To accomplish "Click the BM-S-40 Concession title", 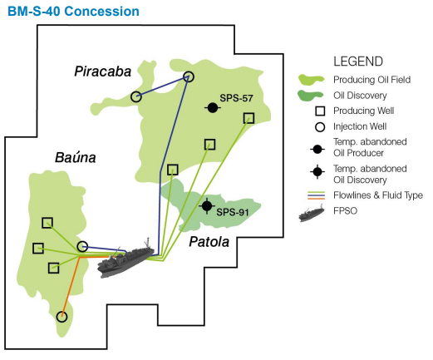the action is tap(73, 12).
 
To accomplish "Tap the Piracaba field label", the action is tap(102, 72).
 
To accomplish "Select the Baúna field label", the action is tap(76, 157).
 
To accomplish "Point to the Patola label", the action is tap(209, 242).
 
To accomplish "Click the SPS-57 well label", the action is tap(236, 98).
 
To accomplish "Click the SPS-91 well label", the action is tap(233, 212).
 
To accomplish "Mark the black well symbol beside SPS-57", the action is tap(213, 108).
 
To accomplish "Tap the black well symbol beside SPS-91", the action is tap(207, 206).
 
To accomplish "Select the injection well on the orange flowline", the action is tap(62, 317).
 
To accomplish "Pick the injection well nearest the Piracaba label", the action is tap(136, 96).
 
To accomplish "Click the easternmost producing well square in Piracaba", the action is tap(248, 118).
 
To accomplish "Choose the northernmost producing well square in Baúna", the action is tap(47, 223).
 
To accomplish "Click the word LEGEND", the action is tap(358, 62).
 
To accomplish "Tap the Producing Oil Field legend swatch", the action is tap(311, 80).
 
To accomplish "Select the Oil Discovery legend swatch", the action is tap(310, 96).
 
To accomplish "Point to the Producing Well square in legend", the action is tap(320, 111).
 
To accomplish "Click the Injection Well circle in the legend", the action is tap(320, 127).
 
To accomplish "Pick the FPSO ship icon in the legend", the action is tap(312, 214).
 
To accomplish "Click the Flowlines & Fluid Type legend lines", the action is tap(316, 195).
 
